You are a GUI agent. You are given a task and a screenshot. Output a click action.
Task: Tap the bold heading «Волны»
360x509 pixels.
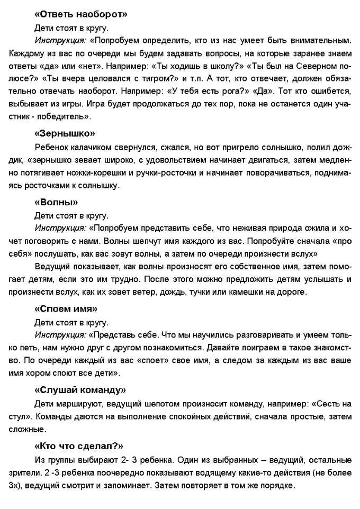(56, 202)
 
